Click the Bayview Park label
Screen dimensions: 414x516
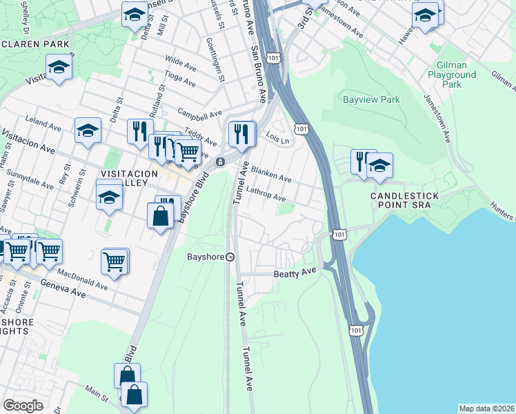tap(371, 100)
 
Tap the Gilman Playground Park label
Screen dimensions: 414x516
tap(452, 75)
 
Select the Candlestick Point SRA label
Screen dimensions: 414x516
tap(404, 201)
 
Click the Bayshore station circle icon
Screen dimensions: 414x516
tap(230, 257)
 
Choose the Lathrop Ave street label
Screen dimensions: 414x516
tap(266, 194)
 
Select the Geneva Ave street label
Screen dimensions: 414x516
tap(61, 289)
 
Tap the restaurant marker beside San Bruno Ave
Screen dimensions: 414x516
tap(241, 133)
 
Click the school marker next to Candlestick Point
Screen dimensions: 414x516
tap(379, 166)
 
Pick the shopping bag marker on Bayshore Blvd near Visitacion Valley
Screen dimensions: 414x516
tap(161, 215)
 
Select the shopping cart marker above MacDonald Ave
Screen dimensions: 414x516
tap(115, 262)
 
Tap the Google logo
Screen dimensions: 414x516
tap(23, 406)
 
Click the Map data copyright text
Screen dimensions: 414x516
tap(486, 408)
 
